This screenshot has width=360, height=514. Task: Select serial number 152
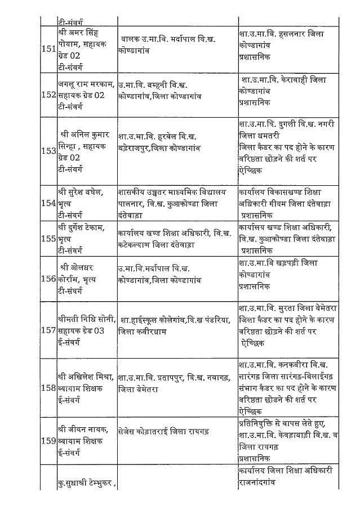pos(48,95)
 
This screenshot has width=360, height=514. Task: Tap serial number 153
pos(48,151)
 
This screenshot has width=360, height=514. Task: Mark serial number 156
pos(48,279)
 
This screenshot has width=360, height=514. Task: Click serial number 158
pos(48,388)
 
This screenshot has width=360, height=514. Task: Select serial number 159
pos(48,442)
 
